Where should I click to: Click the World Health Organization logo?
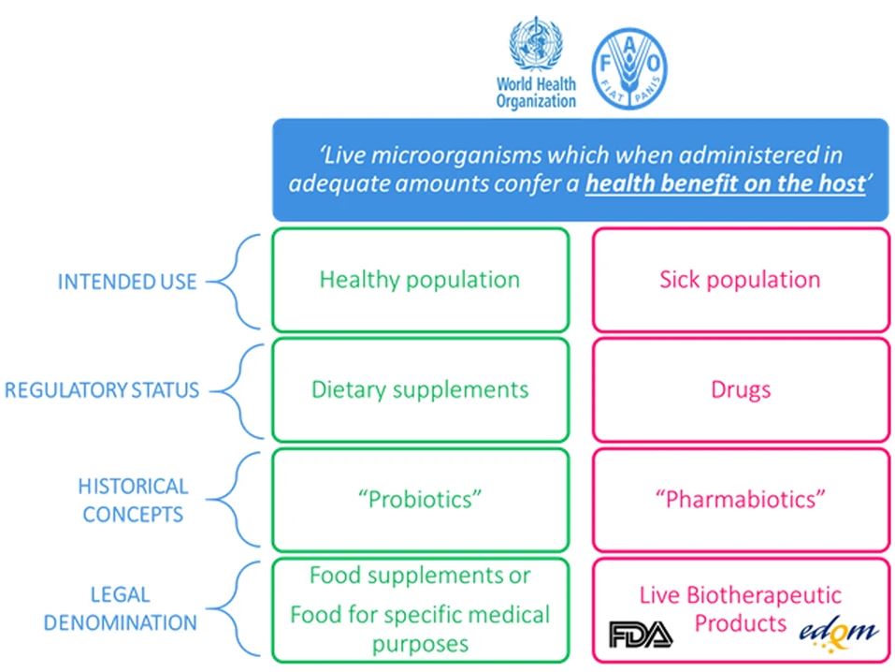click(536, 63)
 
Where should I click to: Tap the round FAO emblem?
click(629, 68)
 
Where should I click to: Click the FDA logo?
click(641, 634)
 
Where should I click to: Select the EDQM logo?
click(838, 633)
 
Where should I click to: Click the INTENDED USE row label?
click(126, 282)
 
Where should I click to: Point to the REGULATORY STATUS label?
click(102, 390)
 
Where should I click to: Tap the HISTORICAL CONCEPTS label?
click(133, 500)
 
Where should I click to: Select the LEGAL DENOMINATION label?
click(121, 608)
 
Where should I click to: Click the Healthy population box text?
click(420, 280)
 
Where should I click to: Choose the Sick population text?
click(740, 280)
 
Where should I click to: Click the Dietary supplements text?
click(420, 390)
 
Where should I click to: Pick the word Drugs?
click(741, 390)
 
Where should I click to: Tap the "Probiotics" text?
click(420, 500)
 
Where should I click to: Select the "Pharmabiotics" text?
click(740, 500)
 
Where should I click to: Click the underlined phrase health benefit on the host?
click(726, 184)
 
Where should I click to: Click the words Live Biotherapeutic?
click(741, 595)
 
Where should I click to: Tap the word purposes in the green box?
click(420, 644)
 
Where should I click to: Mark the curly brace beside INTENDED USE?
click(235, 282)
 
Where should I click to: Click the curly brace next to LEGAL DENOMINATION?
click(235, 609)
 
